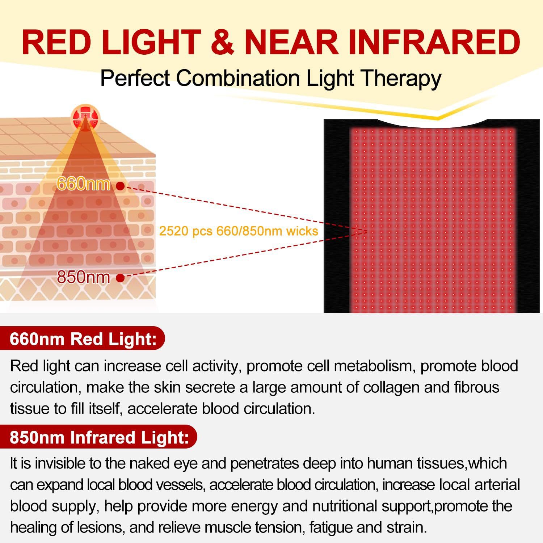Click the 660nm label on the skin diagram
click(84, 184)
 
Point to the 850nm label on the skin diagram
click(84, 277)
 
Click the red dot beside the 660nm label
click(120, 186)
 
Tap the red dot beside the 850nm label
click(121, 278)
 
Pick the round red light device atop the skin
click(85, 117)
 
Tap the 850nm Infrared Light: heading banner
click(98, 437)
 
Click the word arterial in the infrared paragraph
click(496, 485)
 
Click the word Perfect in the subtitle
click(136, 78)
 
